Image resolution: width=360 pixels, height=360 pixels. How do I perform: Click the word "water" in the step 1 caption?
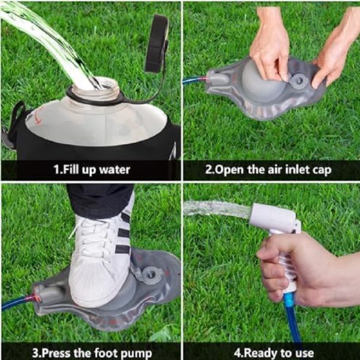115,170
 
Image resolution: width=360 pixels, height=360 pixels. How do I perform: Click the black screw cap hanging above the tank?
157,44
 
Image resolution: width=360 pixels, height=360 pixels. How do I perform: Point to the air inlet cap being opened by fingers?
298,80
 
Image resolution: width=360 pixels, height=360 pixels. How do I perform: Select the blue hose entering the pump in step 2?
195,80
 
